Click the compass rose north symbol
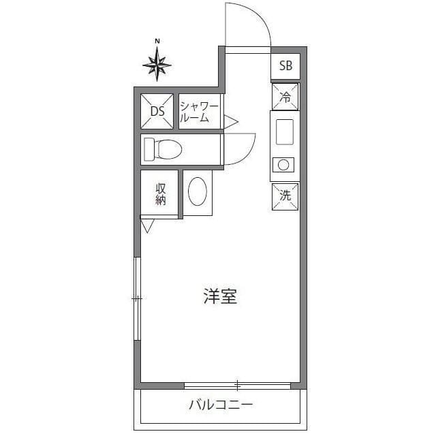coord(157,65)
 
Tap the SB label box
coord(286,66)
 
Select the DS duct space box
coord(157,111)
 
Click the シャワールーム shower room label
coord(199,111)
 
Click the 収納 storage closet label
coord(161,194)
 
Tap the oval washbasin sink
coord(198,192)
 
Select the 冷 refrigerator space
coord(285,97)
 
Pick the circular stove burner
coord(282,164)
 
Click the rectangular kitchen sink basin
coord(284,129)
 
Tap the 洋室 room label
coord(220,297)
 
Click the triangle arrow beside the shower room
coord(230,122)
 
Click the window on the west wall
coord(138,298)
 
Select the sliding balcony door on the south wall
coord(237,385)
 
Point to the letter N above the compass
coord(157,42)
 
